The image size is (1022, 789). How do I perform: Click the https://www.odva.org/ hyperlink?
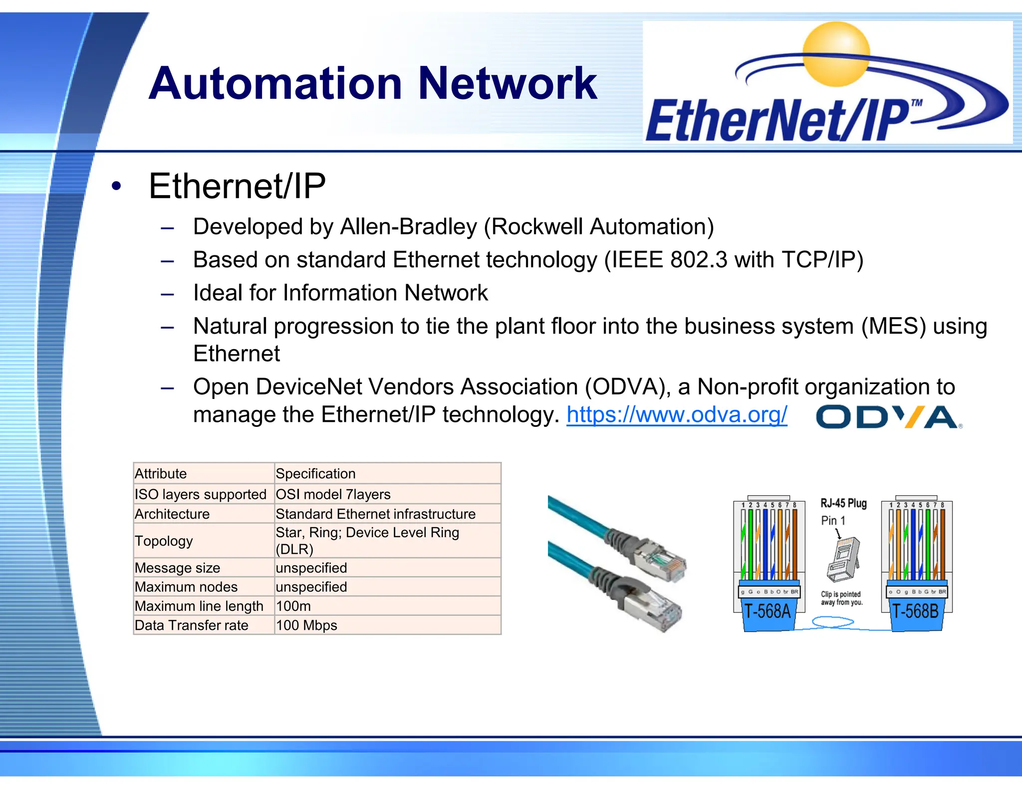click(x=677, y=415)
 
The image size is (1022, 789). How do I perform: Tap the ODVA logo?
click(x=889, y=417)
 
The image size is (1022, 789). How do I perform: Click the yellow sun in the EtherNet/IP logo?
click(x=836, y=54)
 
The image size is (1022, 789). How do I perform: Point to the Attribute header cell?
click(x=161, y=473)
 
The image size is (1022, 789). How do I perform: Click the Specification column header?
click(x=315, y=473)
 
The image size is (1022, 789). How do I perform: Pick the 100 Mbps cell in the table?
click(x=306, y=625)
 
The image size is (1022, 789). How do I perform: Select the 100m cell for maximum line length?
click(x=293, y=606)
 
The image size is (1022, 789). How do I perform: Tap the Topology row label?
click(x=164, y=541)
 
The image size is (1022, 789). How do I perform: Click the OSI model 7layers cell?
click(x=333, y=494)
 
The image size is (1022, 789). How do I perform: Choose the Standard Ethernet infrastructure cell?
click(x=375, y=514)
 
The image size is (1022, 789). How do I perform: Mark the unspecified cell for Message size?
click(x=311, y=568)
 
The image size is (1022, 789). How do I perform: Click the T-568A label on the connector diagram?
click(x=767, y=611)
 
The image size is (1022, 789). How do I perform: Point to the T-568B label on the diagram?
click(x=916, y=611)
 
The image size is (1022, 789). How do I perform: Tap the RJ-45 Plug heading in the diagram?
click(x=843, y=503)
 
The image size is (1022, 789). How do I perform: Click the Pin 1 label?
click(x=833, y=521)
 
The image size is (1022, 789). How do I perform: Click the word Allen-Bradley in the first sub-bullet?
click(x=408, y=227)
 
